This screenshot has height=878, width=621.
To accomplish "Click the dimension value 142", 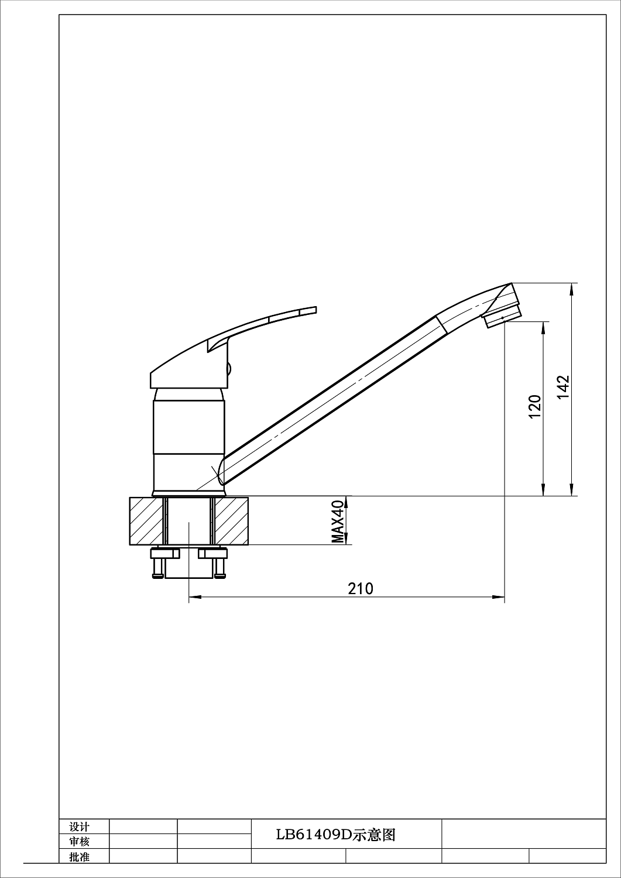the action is pos(564,387).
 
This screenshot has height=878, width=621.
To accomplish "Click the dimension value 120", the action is pos(535,406).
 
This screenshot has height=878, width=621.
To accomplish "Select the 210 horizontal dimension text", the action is pos(361,588).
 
